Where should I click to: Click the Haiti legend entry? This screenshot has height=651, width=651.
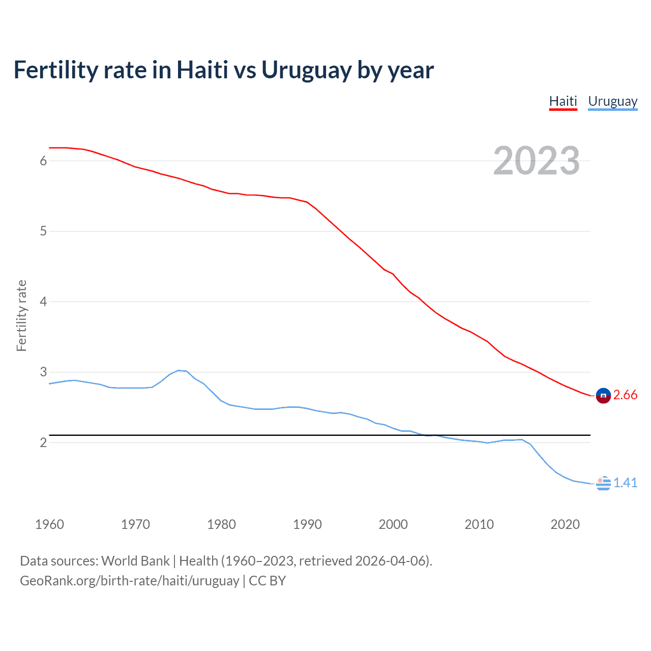(x=563, y=101)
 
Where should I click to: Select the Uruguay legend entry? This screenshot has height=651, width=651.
(x=612, y=101)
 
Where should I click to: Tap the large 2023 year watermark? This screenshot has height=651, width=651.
(x=536, y=161)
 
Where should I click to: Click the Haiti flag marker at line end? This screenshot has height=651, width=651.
(x=603, y=396)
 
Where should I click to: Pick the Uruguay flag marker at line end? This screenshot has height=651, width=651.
(x=603, y=483)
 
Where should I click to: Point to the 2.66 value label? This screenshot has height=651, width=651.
(x=625, y=395)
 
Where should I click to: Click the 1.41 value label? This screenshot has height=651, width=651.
(x=625, y=483)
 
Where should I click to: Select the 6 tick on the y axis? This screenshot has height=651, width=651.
(x=43, y=161)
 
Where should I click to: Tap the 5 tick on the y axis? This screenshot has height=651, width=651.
(x=43, y=231)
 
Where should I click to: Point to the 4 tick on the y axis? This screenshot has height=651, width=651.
(x=43, y=302)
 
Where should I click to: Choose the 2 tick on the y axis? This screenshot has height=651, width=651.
(x=43, y=442)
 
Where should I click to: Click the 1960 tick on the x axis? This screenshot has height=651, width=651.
(x=49, y=524)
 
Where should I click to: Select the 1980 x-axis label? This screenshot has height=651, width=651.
(x=221, y=524)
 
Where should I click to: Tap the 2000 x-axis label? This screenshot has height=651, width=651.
(x=393, y=524)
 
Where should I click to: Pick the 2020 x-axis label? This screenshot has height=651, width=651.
(x=565, y=524)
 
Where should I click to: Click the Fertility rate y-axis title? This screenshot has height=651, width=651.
(x=21, y=315)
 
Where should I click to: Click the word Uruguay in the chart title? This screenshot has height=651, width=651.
(x=306, y=70)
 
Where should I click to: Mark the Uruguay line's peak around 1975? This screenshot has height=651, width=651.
(x=179, y=370)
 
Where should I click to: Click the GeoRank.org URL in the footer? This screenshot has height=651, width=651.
(x=129, y=581)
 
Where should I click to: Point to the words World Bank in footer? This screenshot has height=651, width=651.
(x=135, y=561)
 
